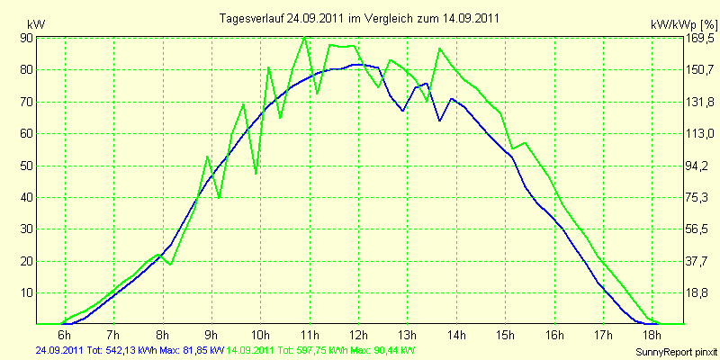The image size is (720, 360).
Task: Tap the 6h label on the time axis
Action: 65,333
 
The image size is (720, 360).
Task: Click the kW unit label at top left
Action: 36,24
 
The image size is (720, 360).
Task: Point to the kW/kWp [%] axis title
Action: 683,24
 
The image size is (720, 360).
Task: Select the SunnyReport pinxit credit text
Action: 676,352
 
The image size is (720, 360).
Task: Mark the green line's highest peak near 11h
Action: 305,37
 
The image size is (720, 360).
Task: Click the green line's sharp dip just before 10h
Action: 256,174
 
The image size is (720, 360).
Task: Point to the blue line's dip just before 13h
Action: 402,111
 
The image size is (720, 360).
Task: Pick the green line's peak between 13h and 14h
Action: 439,49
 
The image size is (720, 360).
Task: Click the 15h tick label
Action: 505,333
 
